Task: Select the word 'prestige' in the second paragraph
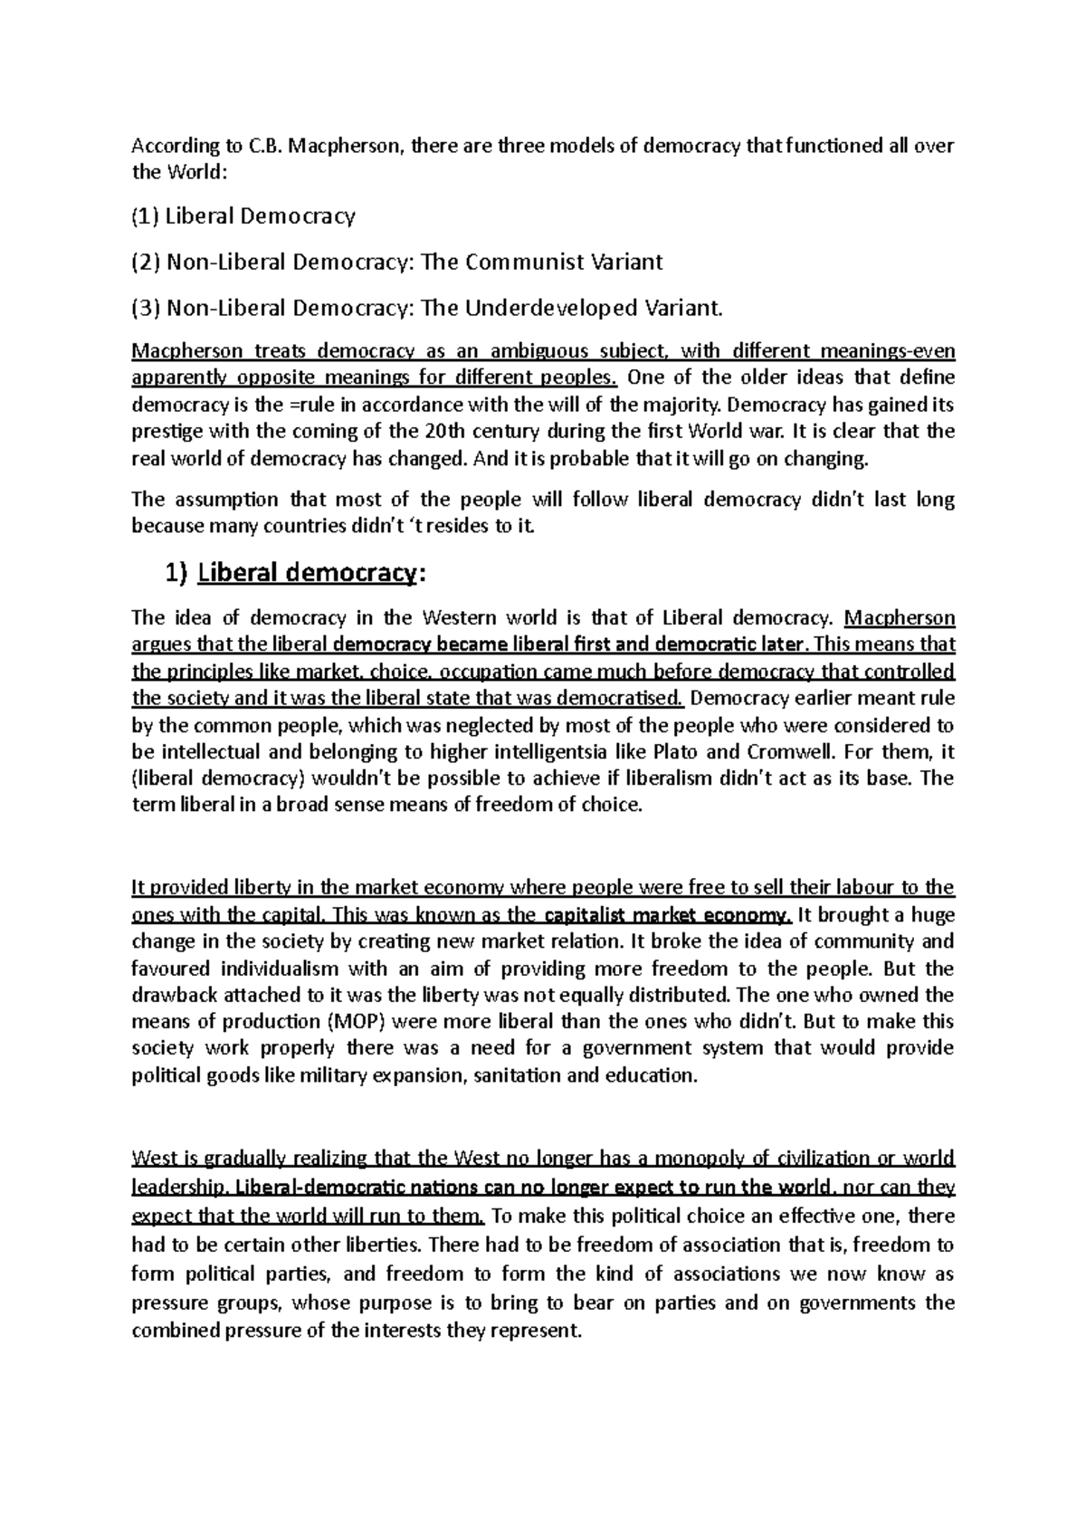[x=162, y=431]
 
